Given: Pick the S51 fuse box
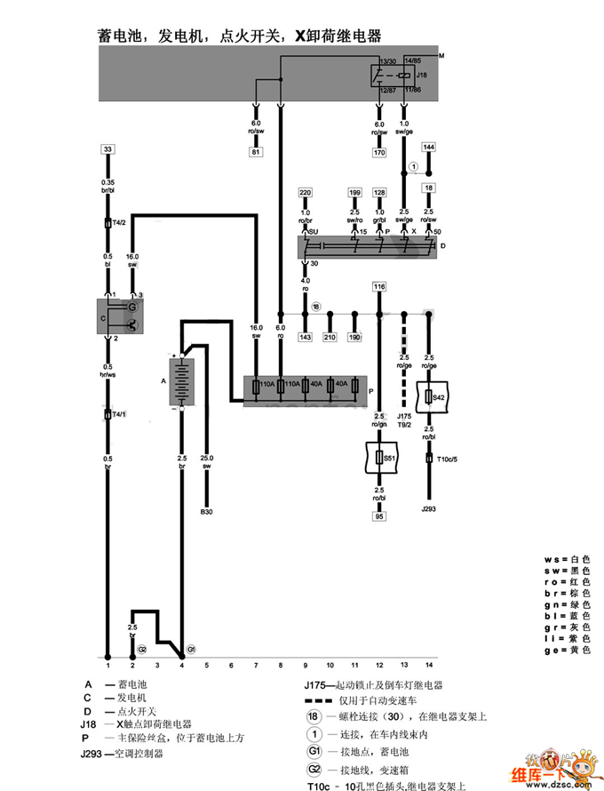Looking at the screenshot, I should pos(380,458).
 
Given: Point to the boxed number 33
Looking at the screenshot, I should pos(108,149).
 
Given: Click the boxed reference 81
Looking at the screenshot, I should pos(256,153).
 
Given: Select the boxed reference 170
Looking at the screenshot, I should pos(379,153).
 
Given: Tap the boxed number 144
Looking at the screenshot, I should pos(429,147).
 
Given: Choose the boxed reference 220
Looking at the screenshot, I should pos(306,192).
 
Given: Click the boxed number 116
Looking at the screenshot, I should pos(379,287).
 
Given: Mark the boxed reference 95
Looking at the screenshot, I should pos(380,515).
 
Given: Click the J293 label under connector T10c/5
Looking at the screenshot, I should pos(430,509).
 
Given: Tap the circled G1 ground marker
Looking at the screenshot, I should pos(191,650).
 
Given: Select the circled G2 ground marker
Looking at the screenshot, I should pos(141,650).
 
